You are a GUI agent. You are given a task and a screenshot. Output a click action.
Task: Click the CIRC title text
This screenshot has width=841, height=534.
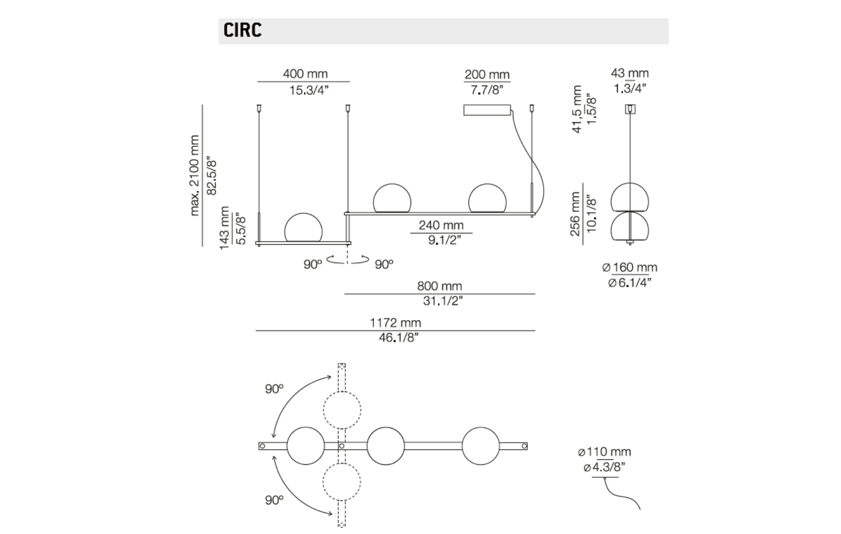pos(242,30)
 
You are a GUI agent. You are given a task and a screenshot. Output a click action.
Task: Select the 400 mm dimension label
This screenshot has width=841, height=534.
pos(305,74)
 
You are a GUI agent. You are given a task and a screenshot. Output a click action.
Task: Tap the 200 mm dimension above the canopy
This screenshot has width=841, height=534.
pos(487,75)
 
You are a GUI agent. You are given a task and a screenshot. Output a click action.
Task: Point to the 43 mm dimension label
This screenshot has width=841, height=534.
pos(629,73)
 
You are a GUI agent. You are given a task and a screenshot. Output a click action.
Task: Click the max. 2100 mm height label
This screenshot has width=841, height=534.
pos(194,176)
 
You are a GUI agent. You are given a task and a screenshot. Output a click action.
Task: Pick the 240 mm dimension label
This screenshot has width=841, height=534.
pos(441,225)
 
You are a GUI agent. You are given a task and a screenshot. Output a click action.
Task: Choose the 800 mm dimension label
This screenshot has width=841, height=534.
pos(439,286)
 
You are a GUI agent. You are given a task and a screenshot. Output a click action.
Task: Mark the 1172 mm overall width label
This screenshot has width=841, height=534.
pos(395,323)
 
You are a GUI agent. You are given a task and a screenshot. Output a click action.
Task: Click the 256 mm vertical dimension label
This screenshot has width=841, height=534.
pos(575,214)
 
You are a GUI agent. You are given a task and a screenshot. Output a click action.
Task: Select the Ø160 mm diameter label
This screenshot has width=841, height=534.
pos(630,267)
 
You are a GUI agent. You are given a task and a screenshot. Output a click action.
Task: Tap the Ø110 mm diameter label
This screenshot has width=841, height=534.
pos(605,452)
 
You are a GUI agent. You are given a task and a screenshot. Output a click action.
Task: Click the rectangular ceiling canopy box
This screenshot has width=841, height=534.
pos(487,110)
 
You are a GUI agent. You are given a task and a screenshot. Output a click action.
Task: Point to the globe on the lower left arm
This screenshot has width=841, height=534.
pos(303,228)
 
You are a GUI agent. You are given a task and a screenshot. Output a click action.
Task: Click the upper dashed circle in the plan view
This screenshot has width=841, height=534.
pos(342,410)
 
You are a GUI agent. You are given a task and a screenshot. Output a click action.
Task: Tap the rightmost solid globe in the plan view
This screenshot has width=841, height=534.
pos(481,446)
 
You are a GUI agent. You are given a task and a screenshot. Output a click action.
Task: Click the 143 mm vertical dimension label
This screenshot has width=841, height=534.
pos(225,228)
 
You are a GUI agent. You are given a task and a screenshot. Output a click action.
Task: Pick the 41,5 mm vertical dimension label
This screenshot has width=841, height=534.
pos(577,109)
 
